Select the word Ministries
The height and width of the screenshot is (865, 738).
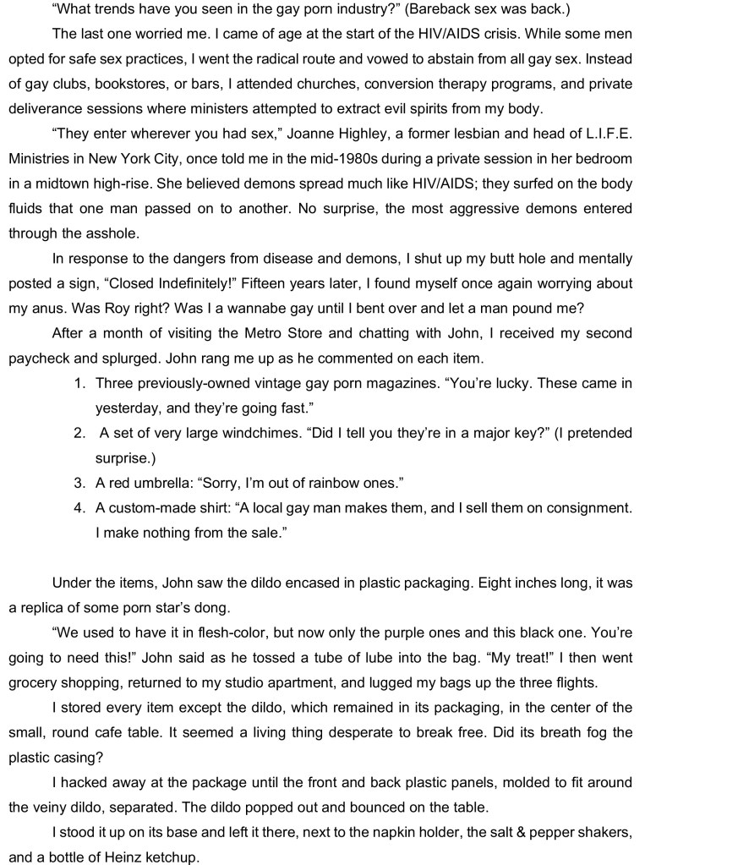pos(41,158)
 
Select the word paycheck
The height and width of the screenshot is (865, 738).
pos(40,358)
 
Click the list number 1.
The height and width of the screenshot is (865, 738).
pos(79,383)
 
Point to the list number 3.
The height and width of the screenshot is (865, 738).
pos(79,483)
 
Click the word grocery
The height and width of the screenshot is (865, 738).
pos(35,682)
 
